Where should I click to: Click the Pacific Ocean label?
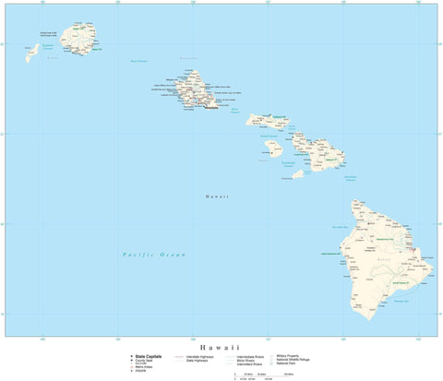pos(154,254)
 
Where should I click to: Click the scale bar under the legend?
pos(263,375)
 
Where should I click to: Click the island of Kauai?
pos(78,38)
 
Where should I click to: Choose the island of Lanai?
pos(273,147)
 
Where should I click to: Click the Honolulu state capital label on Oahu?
pos(211,108)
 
